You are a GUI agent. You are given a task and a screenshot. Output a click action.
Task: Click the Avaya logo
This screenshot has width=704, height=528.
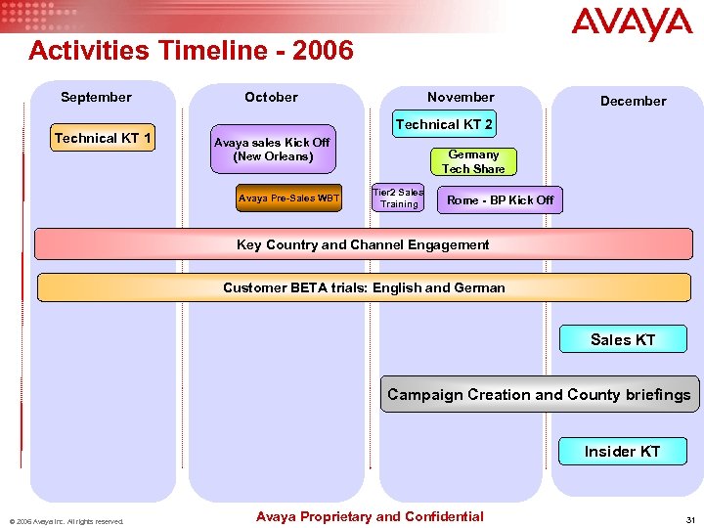pos(632,24)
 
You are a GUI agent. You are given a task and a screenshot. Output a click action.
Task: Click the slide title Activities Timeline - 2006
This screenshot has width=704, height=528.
pos(191,50)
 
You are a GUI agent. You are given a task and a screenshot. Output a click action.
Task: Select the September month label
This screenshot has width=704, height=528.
pos(96,97)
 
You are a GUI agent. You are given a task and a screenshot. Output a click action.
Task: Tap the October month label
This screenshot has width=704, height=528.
pos(271,97)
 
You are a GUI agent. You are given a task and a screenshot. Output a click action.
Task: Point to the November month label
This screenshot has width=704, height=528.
pos(461,97)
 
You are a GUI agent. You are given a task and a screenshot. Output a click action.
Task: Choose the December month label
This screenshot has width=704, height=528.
pos(633,101)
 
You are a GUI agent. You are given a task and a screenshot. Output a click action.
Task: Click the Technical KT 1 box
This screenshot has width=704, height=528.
pos(103,139)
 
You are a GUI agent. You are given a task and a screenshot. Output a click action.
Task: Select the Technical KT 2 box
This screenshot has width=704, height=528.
pos(444,125)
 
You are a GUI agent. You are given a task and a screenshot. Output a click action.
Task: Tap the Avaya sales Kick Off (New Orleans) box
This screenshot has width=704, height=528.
pos(273,150)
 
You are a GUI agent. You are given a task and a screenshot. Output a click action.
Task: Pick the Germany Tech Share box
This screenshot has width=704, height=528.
pos(473,161)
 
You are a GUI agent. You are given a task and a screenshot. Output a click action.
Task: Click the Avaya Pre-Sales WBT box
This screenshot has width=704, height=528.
pos(289,198)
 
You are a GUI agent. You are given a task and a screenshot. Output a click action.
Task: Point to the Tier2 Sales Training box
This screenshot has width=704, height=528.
pos(399,198)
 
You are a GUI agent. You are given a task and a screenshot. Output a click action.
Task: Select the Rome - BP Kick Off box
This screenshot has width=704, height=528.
pos(500,199)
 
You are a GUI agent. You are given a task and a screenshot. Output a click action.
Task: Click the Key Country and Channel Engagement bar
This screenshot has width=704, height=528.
pos(363,244)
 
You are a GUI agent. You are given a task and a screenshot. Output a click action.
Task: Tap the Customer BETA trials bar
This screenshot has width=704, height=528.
pos(364,287)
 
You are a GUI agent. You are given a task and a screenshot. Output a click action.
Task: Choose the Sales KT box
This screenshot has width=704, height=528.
pos(623,339)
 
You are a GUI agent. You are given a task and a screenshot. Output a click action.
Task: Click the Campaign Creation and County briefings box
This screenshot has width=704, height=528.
pos(539,395)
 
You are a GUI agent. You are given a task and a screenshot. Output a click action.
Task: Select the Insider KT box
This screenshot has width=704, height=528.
pos(622,451)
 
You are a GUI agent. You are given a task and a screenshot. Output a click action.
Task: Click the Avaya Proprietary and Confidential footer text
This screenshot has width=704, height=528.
pos(369,516)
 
